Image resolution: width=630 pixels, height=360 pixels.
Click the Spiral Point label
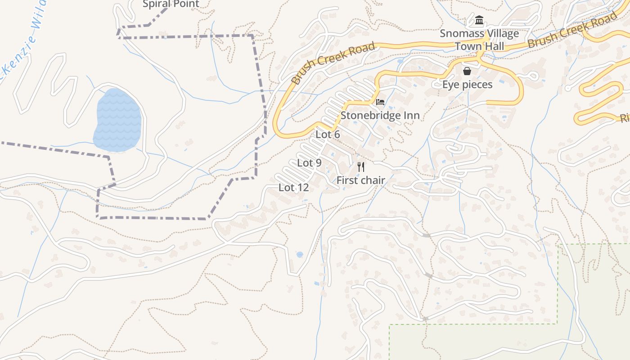click(171, 4)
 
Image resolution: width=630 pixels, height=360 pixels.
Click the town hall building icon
click(479, 20)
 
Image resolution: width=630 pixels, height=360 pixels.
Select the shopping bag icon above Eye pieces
click(467, 71)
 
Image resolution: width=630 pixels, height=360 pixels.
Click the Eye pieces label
click(467, 85)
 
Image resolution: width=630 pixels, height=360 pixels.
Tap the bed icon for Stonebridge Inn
click(380, 102)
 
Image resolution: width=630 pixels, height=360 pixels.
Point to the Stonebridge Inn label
click(380, 115)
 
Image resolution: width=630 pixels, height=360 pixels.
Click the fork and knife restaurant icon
click(360, 167)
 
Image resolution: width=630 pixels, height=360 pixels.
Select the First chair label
click(360, 180)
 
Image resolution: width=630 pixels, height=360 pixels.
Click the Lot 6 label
click(328, 135)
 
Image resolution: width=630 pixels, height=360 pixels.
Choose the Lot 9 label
click(309, 163)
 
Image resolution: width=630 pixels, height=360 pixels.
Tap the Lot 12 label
click(293, 188)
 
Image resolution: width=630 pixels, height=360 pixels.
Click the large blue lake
click(118, 119)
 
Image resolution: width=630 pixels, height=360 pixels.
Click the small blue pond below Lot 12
click(300, 255)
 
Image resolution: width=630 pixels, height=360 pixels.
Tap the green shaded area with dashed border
click(495, 342)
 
